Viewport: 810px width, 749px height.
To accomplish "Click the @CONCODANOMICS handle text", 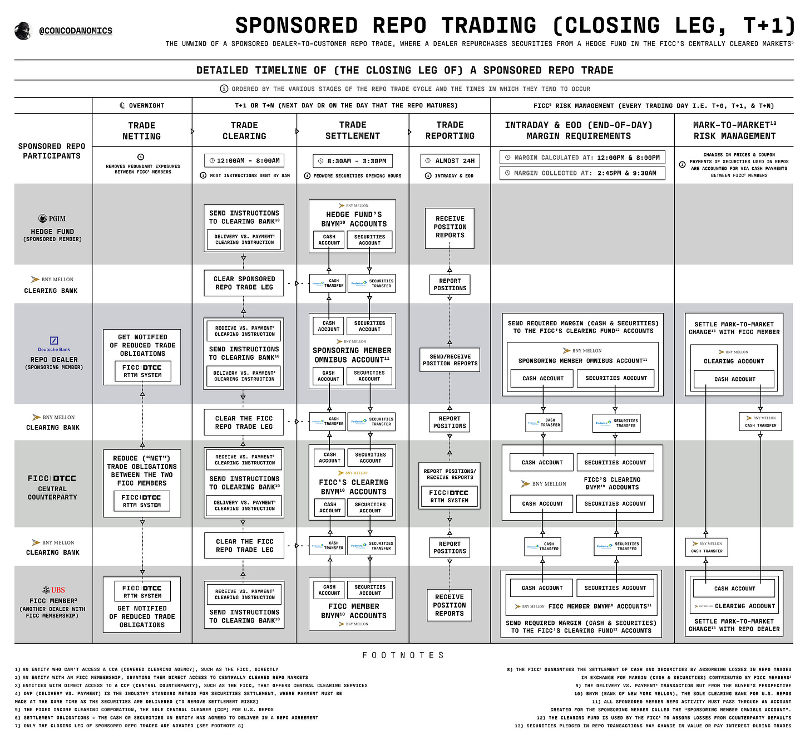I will pos(75,31).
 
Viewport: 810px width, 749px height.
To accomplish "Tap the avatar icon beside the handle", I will pos(23,31).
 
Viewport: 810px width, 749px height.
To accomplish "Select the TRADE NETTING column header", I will pos(141,131).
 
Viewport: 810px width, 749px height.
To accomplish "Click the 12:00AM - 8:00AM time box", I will pos(244,160).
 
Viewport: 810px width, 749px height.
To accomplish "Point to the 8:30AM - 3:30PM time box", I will pos(353,161).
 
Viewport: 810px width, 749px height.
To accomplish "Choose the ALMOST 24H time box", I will pos(450,160).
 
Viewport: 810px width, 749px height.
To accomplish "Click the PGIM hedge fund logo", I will pos(52,218).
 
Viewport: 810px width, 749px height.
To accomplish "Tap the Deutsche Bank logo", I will pos(54,343).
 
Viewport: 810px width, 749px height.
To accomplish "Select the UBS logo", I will pos(53,590).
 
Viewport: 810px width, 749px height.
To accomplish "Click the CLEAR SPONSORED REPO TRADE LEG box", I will pos(244,283).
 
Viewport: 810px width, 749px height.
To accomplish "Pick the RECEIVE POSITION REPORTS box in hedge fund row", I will pos(450,227).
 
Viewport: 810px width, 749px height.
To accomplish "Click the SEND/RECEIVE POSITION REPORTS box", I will pos(450,360).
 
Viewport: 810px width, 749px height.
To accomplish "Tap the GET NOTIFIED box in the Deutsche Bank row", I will pos(142,356).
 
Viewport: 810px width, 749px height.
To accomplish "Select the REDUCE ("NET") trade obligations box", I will pos(142,483).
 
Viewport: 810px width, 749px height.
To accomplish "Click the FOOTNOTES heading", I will pos(403,655).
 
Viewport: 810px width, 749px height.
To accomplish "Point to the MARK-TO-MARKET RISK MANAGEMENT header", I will pos(734,131).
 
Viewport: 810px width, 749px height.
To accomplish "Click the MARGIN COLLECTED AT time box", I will pos(582,173).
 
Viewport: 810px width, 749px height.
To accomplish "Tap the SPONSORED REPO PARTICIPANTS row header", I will pos(52,151).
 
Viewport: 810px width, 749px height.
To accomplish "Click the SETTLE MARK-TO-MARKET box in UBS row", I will pos(734,604).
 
